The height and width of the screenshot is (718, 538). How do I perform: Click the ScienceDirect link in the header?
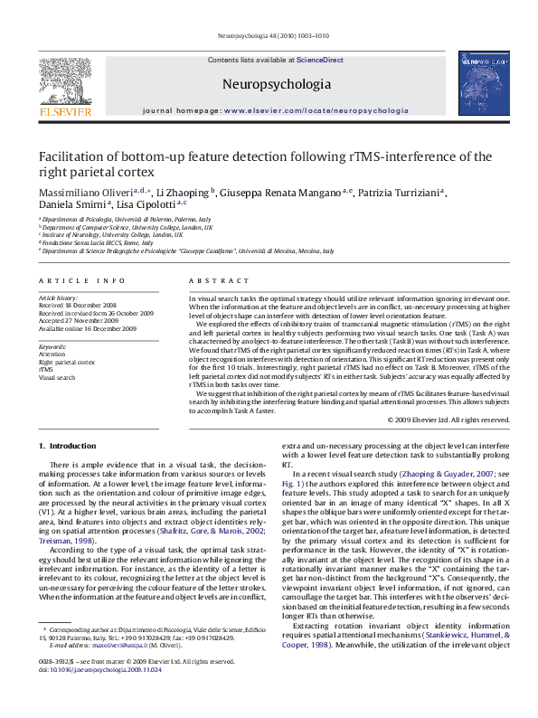click(320, 59)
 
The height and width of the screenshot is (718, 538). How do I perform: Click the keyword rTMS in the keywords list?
click(45, 370)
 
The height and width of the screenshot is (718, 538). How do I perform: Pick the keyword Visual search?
click(56, 377)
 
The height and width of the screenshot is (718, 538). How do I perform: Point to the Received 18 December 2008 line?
click(78, 305)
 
